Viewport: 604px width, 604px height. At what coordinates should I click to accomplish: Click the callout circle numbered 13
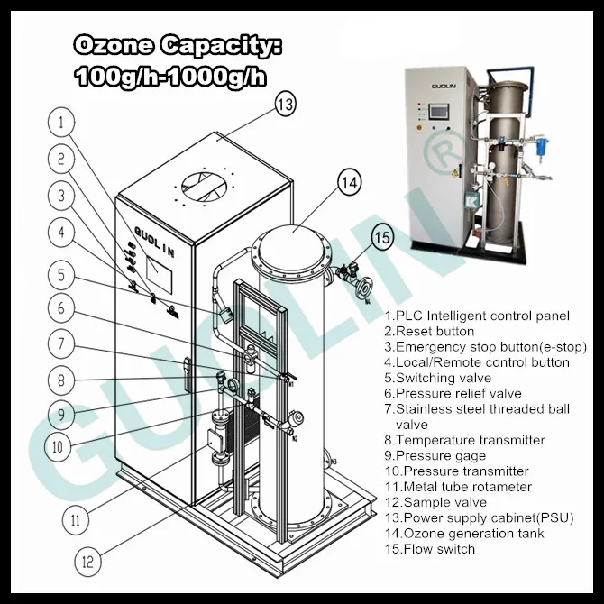pos(285,105)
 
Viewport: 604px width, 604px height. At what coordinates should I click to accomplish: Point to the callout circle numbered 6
pos(60,308)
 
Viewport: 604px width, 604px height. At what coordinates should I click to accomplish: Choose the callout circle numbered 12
pos(87,561)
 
